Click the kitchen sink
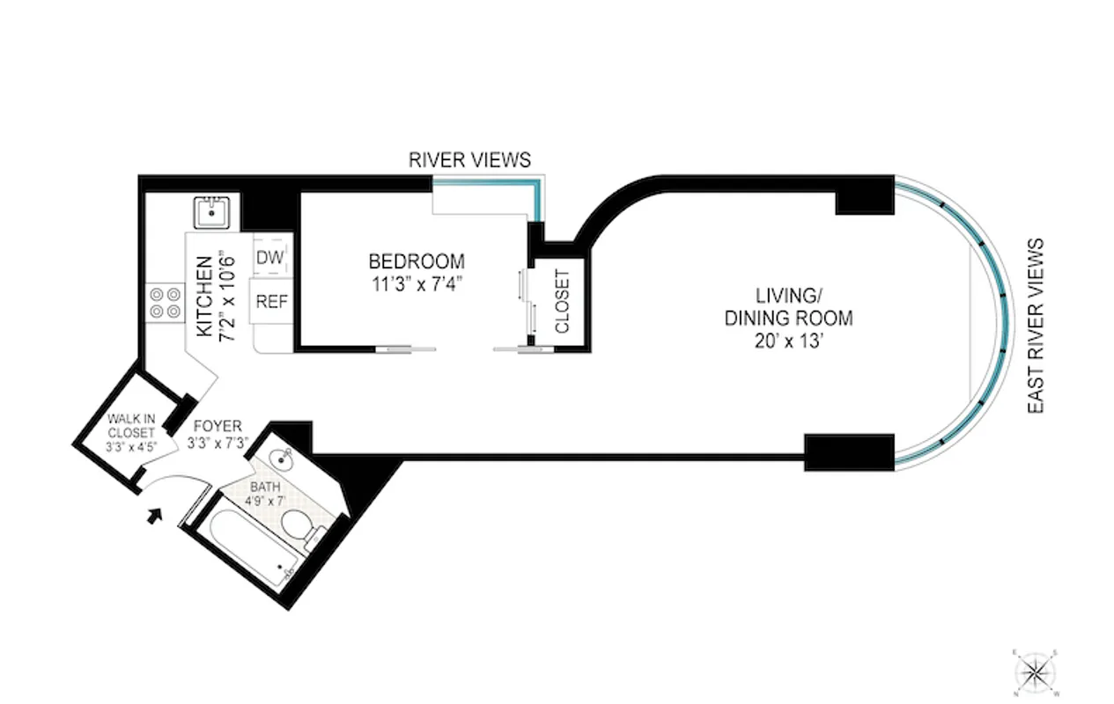tap(212, 212)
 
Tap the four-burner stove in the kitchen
tap(166, 303)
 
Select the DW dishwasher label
tap(269, 258)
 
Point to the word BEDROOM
tap(416, 261)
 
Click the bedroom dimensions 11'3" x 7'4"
tap(416, 283)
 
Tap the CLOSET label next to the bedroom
tap(562, 301)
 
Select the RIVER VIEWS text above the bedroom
tap(469, 160)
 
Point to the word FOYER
tap(218, 426)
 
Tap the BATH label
tap(264, 487)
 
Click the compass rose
tap(1037, 672)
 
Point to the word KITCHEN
tap(203, 296)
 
